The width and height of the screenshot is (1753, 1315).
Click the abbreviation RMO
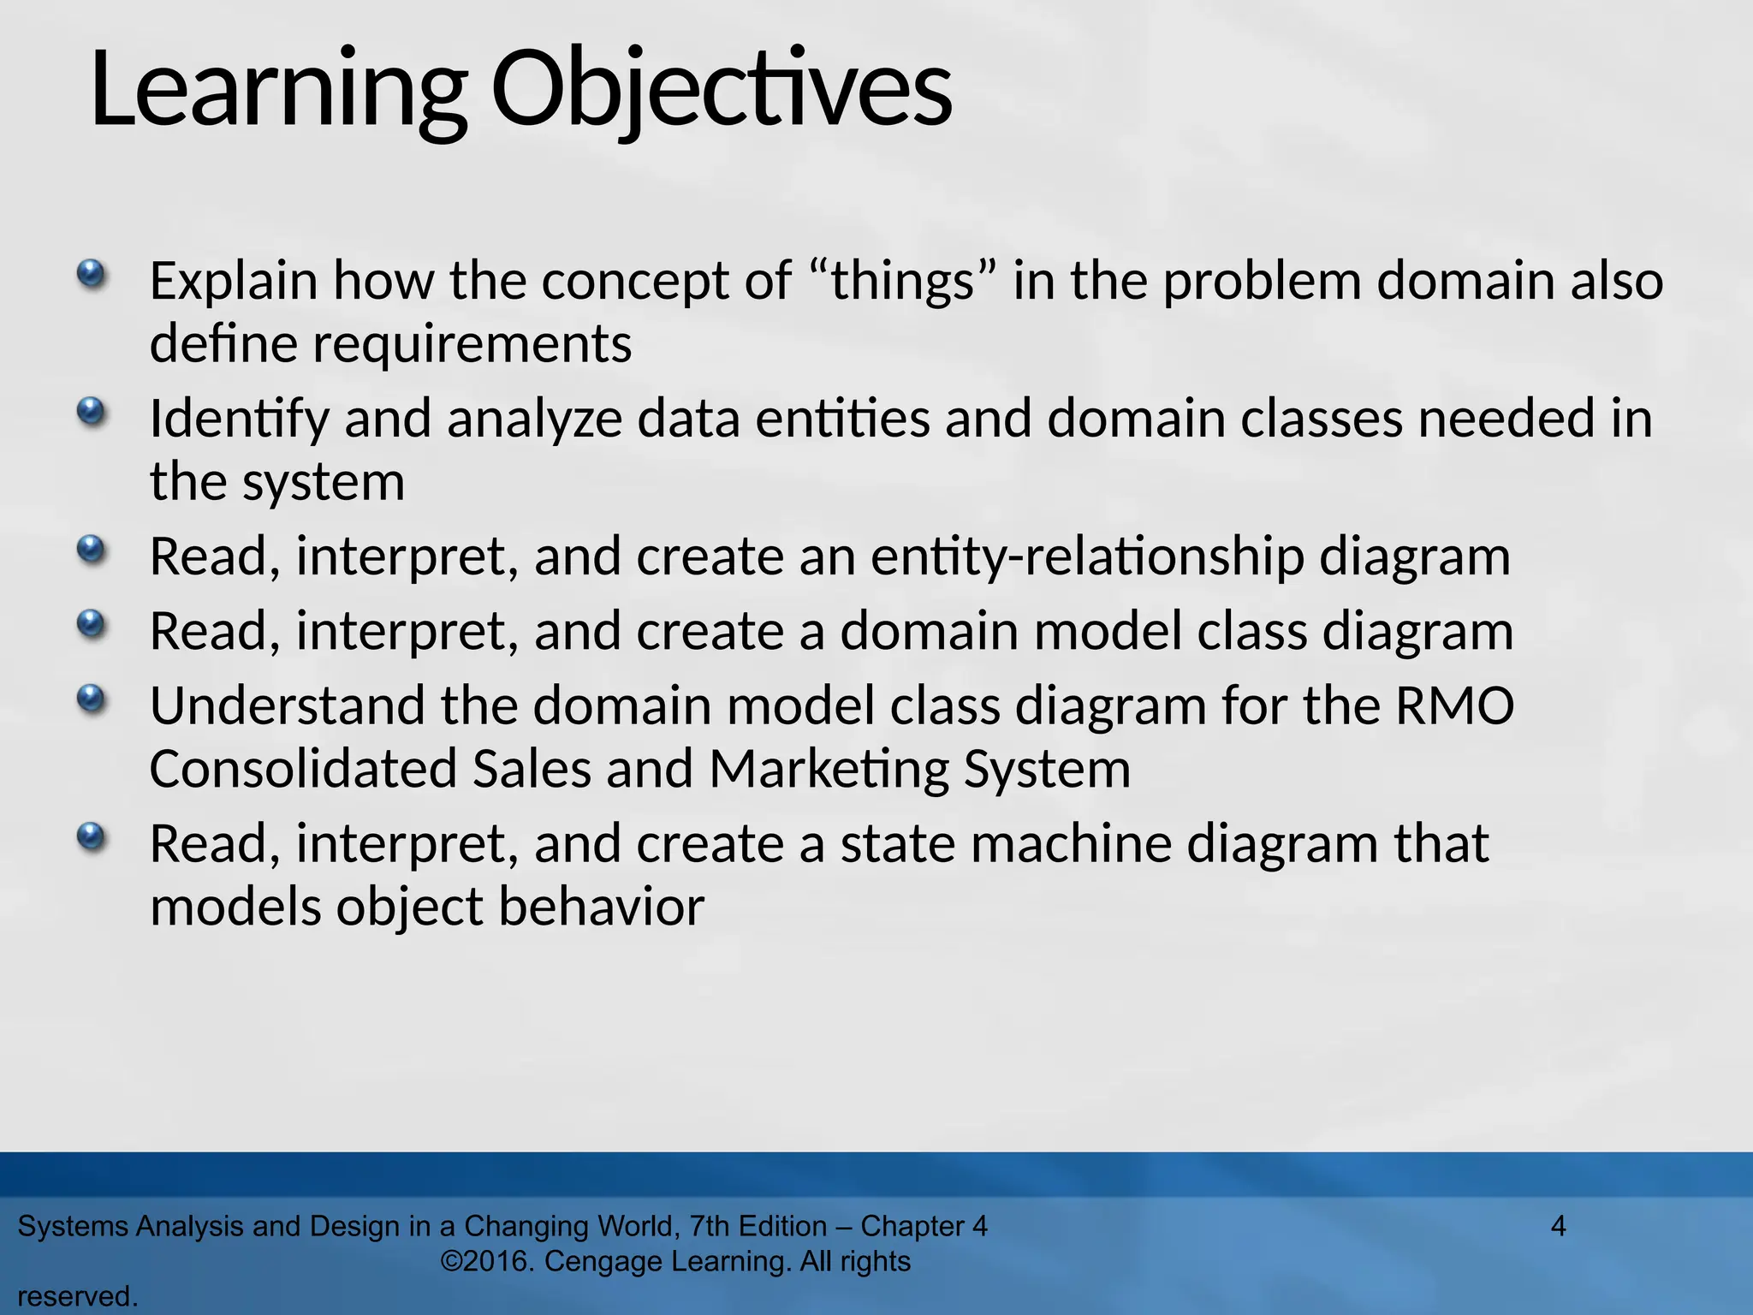pyautogui.click(x=1454, y=706)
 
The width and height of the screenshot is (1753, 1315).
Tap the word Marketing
pyautogui.click(x=829, y=769)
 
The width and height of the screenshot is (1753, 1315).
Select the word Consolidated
pyautogui.click(x=303, y=769)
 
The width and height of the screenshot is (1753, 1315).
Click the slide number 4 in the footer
pyautogui.click(x=1558, y=1226)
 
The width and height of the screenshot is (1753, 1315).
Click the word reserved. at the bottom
pyautogui.click(x=77, y=1297)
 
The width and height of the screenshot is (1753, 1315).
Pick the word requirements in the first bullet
pyautogui.click(x=472, y=344)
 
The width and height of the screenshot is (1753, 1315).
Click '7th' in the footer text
pyautogui.click(x=710, y=1226)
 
